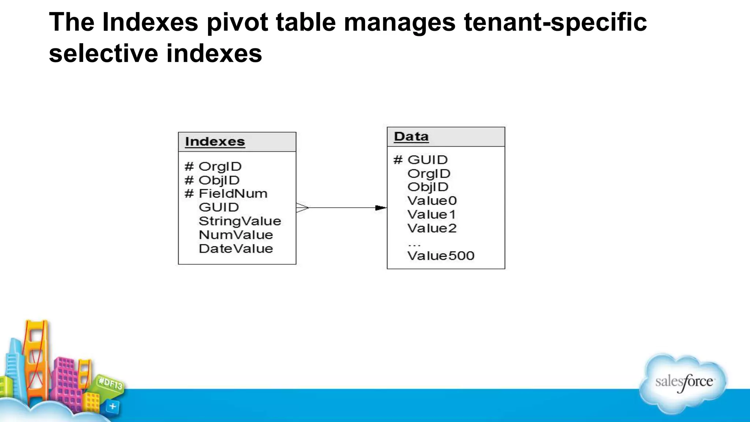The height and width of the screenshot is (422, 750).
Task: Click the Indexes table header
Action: (x=215, y=142)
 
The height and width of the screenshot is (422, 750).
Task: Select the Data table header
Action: (x=411, y=137)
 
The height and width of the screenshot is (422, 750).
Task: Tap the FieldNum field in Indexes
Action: (x=233, y=193)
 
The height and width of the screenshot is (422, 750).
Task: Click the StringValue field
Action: (x=240, y=221)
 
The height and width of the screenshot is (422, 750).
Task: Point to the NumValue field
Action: (x=236, y=235)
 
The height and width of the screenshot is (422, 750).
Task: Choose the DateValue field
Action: (x=236, y=249)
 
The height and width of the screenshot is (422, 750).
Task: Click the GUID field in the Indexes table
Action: (x=219, y=207)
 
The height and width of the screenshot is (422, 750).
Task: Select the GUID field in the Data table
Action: (x=427, y=160)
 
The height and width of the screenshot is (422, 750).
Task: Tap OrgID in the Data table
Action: (x=429, y=174)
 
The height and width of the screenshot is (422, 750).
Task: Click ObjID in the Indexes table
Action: (x=219, y=180)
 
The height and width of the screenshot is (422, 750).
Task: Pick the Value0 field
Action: (x=432, y=201)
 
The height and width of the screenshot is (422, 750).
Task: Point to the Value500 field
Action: (x=441, y=256)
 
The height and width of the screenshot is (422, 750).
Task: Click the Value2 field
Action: (x=432, y=228)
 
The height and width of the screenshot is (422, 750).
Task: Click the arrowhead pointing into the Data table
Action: (x=381, y=208)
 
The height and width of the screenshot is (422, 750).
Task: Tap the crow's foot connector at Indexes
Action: (x=302, y=208)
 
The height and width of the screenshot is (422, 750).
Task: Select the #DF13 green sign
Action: (x=110, y=384)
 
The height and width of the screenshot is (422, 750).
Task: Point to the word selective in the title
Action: (x=103, y=53)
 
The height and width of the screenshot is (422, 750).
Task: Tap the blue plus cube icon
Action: (x=112, y=406)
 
